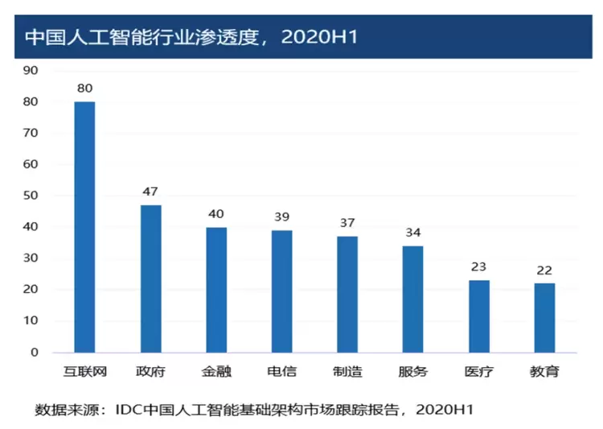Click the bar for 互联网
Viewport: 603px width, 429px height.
coord(84,227)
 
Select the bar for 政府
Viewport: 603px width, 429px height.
coord(150,278)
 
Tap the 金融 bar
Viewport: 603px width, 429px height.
coord(215,290)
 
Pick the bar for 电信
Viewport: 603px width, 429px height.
coord(281,291)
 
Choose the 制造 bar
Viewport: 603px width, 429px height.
coord(347,295)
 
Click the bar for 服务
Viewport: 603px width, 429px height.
coord(412,299)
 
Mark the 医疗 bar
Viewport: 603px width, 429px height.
coord(478,316)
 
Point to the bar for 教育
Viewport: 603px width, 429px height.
coord(544,318)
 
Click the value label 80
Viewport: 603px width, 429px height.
coord(84,88)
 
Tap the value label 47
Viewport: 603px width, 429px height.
coord(150,192)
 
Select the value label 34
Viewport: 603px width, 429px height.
coord(412,233)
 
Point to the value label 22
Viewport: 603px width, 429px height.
coord(544,270)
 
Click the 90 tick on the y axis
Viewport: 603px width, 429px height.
coord(31,70)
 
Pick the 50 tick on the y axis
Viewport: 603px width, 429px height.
coord(31,196)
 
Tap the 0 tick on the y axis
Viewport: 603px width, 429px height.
coord(35,353)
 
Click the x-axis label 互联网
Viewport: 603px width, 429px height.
coord(84,372)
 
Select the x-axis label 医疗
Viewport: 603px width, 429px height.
coord(478,372)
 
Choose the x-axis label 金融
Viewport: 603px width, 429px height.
coord(215,372)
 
